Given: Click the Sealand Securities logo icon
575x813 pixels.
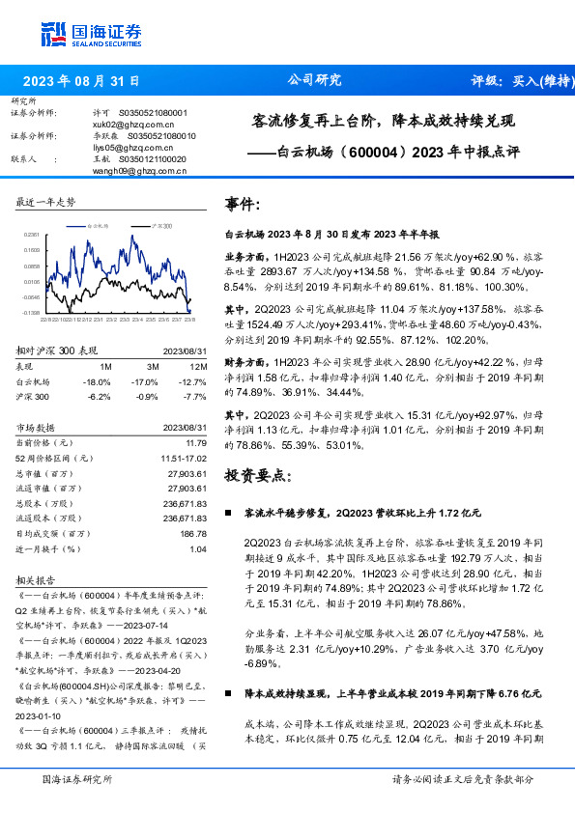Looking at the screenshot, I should coord(55,31).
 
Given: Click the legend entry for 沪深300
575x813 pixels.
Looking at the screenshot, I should coord(160,224).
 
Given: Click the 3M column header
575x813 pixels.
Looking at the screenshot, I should coord(153,341).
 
